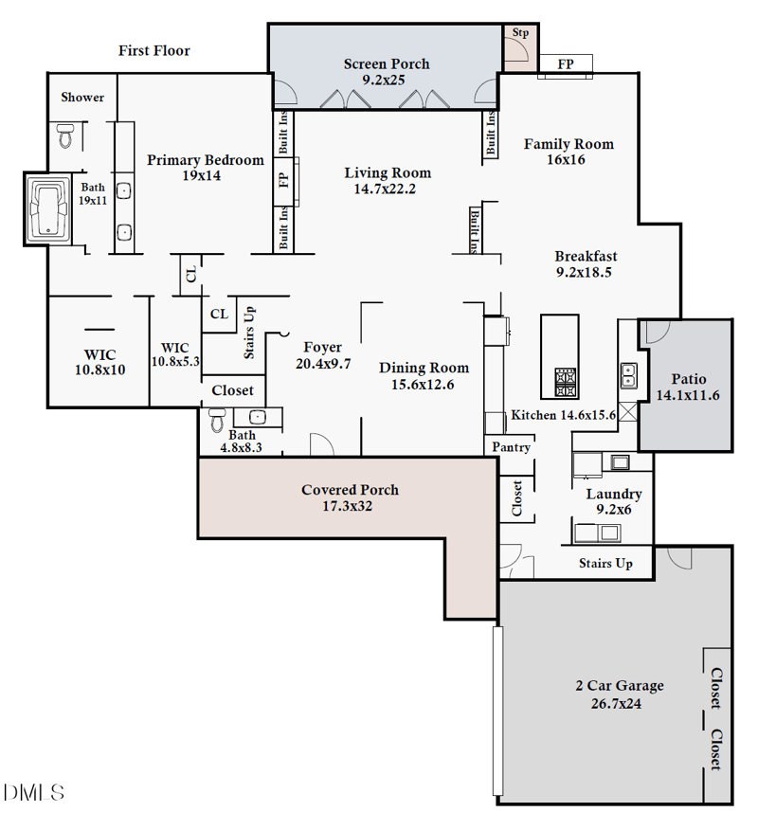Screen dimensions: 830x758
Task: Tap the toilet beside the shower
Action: [x=65, y=136]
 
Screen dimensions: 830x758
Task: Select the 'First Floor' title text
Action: [x=153, y=50]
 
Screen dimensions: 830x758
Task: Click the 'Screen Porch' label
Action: [x=386, y=64]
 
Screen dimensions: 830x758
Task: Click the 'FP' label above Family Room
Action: [x=566, y=64]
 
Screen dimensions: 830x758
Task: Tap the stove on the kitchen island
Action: [x=566, y=383]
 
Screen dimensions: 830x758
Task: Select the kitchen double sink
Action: [x=629, y=376]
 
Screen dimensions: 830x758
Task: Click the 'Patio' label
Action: [x=689, y=379]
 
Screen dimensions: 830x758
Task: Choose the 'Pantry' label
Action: [x=511, y=447]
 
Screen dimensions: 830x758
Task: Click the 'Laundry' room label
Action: [x=613, y=494]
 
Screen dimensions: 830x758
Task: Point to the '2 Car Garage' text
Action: [x=620, y=686]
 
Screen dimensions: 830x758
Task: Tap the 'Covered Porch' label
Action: [x=350, y=490]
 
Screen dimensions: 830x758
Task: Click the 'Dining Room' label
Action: [x=424, y=368]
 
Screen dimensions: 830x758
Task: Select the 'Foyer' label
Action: [x=322, y=347]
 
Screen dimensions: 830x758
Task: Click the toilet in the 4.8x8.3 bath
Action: [x=217, y=419]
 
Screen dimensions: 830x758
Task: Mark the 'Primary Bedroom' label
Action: [x=206, y=160]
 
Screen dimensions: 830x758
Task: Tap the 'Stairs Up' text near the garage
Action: [x=605, y=563]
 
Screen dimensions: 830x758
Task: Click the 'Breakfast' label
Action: [x=586, y=256]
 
